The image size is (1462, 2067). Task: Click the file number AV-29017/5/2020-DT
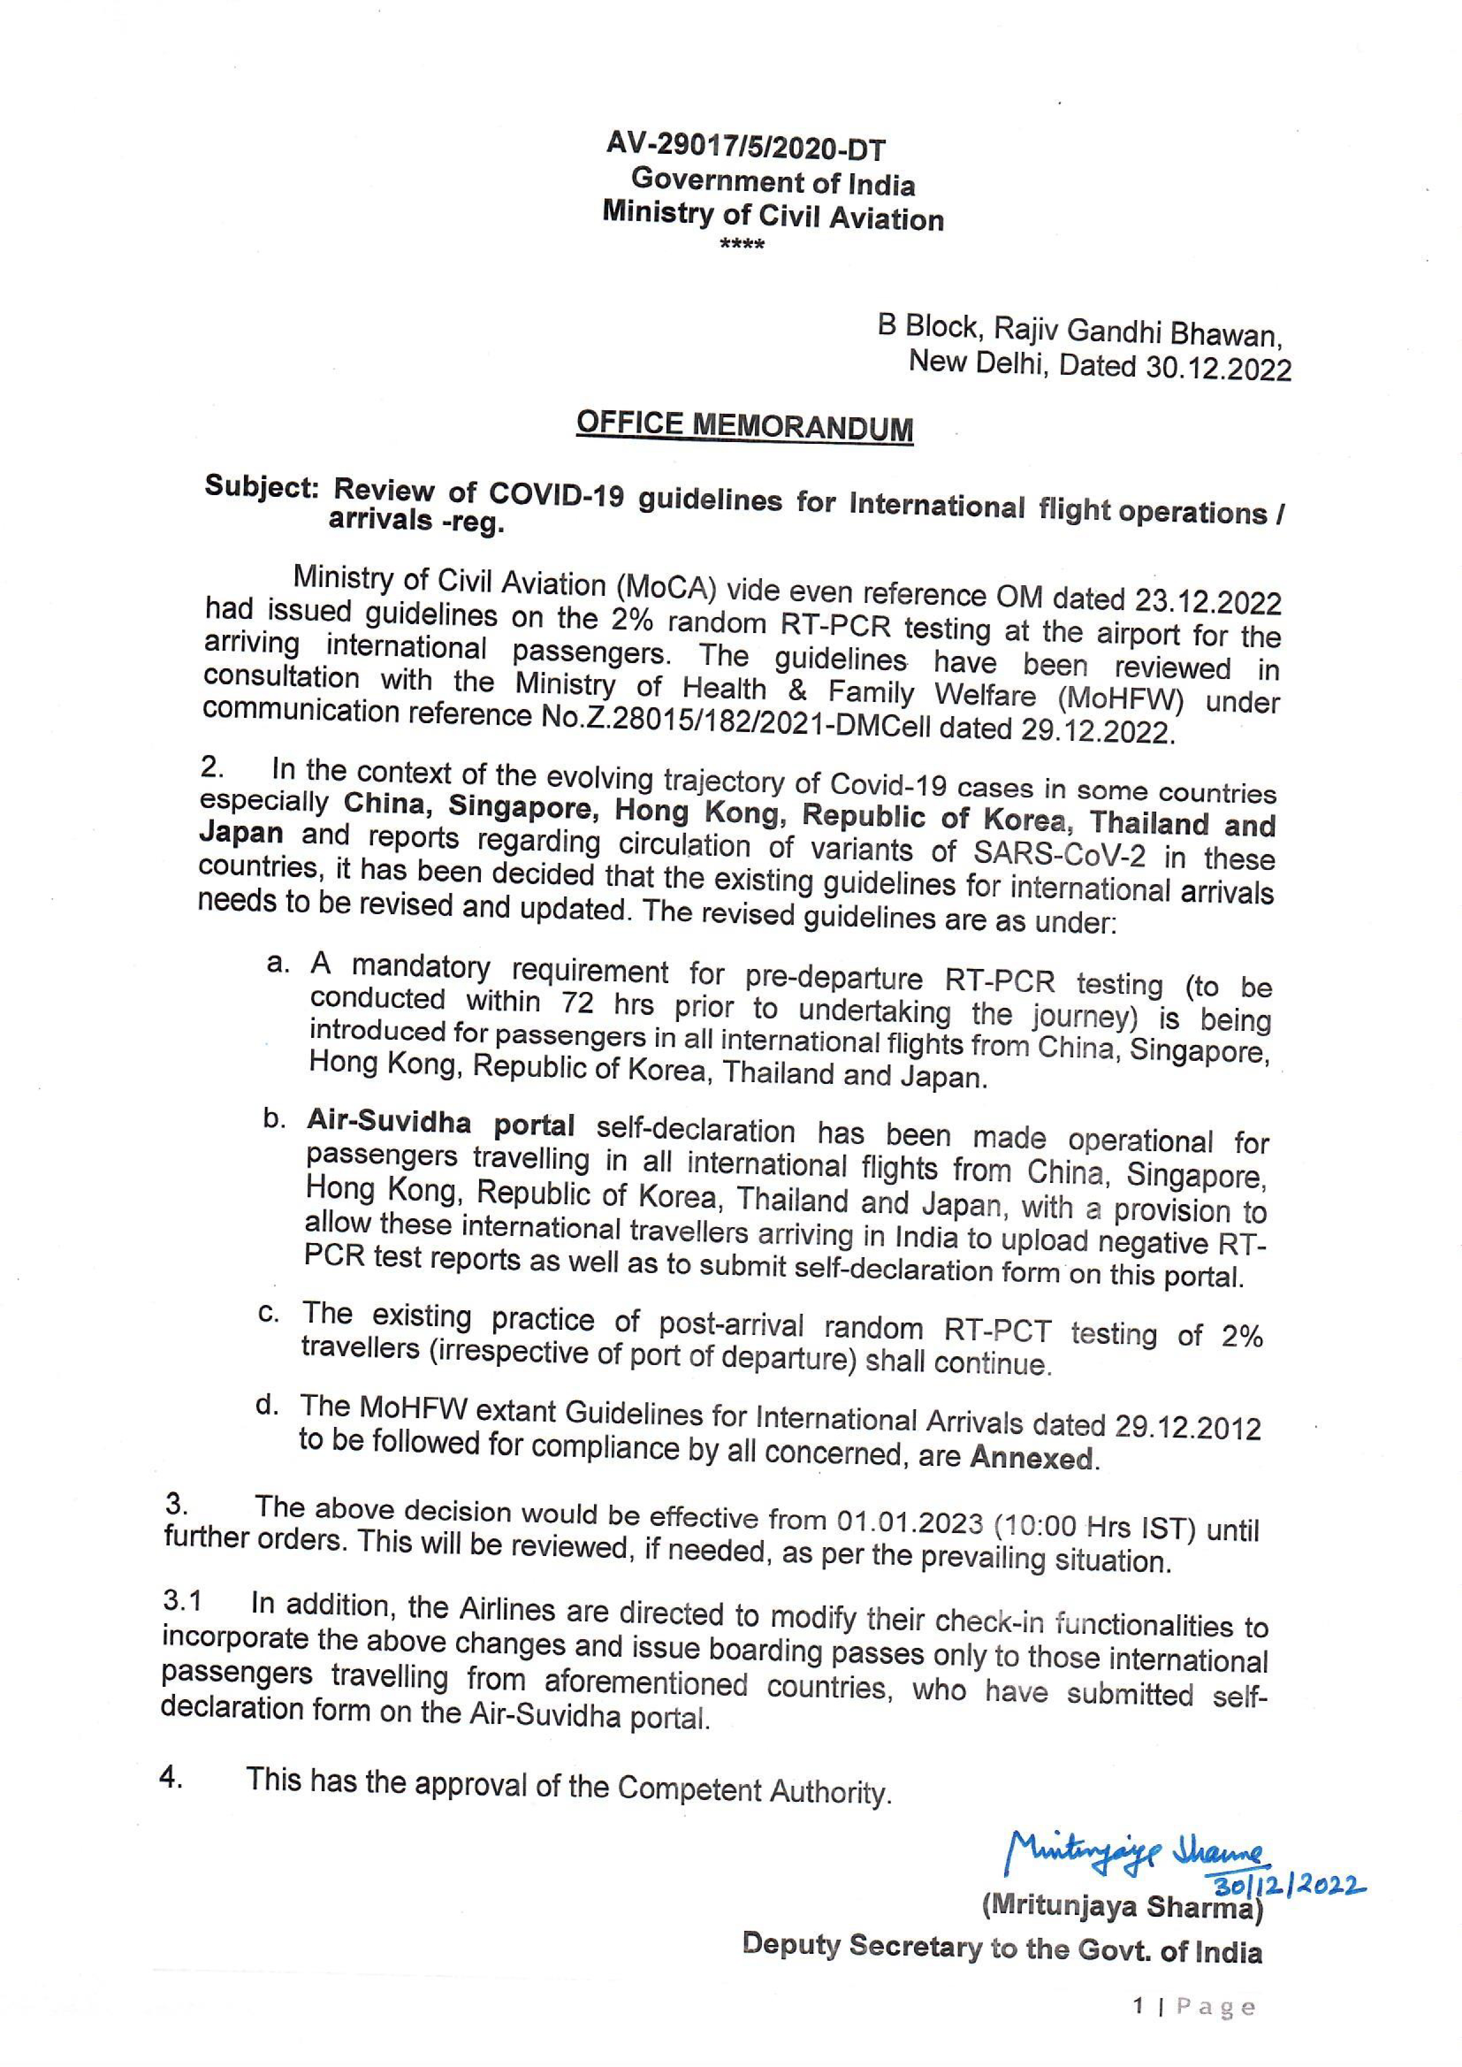click(x=746, y=147)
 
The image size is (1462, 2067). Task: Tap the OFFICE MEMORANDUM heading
click(x=744, y=426)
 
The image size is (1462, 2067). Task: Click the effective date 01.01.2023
click(x=909, y=1521)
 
